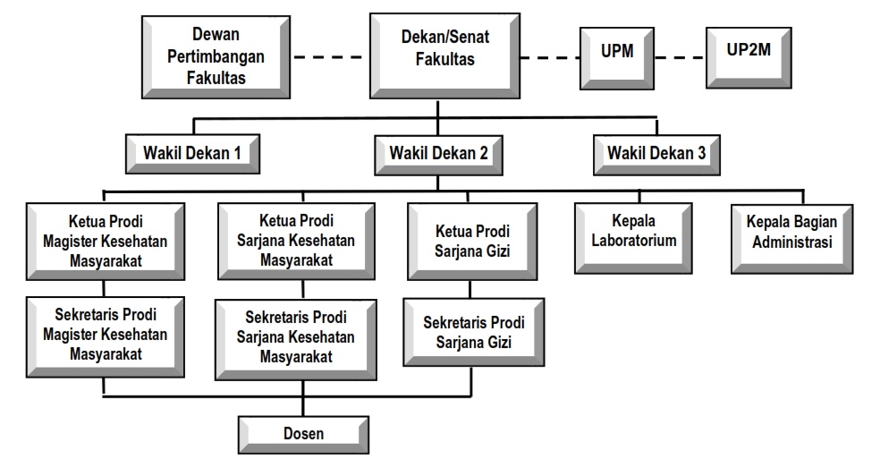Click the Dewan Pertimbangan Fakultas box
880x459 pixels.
click(216, 56)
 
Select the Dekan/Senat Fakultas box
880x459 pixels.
click(445, 55)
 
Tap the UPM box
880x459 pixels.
click(617, 58)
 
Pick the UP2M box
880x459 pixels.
click(749, 57)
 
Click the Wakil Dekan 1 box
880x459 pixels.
click(192, 153)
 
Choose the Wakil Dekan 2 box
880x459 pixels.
click(438, 155)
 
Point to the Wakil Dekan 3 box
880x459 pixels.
click(656, 155)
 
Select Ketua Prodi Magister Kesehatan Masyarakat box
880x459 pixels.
click(106, 242)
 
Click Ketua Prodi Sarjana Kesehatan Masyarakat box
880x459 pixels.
click(296, 242)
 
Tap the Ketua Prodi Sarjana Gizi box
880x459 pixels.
click(472, 242)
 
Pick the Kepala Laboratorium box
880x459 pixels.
click(633, 238)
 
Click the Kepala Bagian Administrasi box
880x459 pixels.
click(791, 239)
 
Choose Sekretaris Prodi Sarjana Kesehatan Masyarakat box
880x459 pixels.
click(296, 339)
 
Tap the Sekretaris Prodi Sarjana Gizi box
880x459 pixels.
click(474, 332)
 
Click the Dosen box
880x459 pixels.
click(304, 434)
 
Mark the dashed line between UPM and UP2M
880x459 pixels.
click(681, 57)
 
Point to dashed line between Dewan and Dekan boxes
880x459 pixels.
click(330, 56)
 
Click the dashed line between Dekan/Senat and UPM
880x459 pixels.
click(550, 57)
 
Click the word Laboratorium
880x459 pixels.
click(634, 241)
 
